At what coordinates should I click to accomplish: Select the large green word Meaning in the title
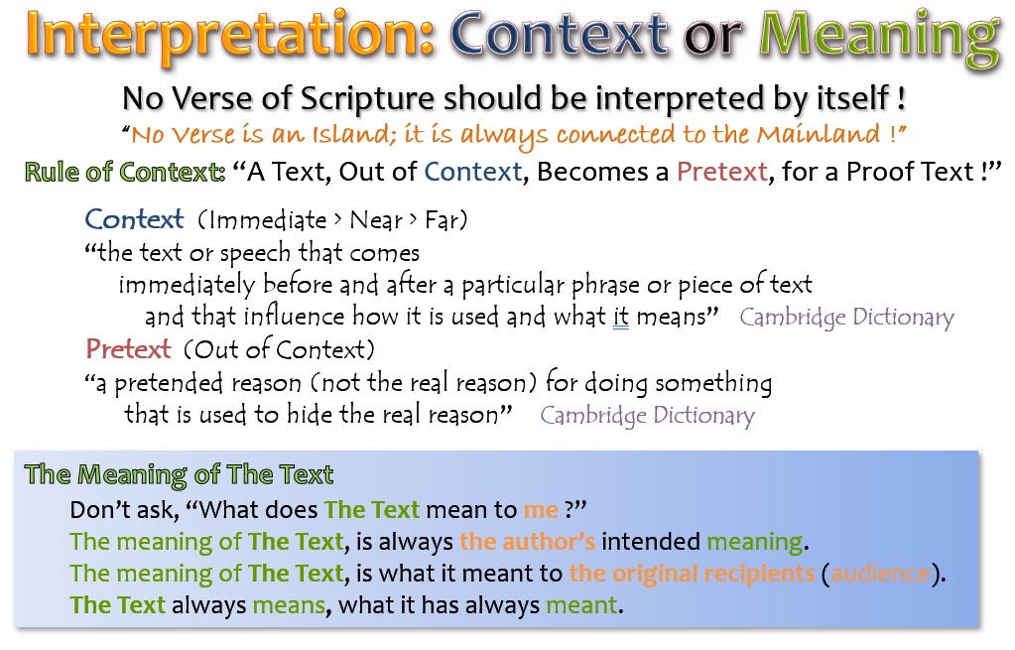pyautogui.click(x=880, y=37)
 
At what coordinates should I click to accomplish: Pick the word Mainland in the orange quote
pyautogui.click(x=819, y=134)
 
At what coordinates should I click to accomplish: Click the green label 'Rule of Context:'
pyautogui.click(x=125, y=173)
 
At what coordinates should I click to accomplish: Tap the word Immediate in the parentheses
pyautogui.click(x=267, y=220)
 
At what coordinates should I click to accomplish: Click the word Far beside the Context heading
pyautogui.click(x=441, y=220)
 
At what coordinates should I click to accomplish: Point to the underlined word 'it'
pyautogui.click(x=621, y=318)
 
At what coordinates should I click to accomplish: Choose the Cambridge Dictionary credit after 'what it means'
pyautogui.click(x=846, y=318)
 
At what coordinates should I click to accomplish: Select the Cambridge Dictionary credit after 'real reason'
pyautogui.click(x=647, y=416)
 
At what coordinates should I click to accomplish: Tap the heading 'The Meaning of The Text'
pyautogui.click(x=179, y=474)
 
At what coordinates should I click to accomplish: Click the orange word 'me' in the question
pyautogui.click(x=541, y=511)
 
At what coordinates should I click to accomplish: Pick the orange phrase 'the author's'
pyautogui.click(x=527, y=541)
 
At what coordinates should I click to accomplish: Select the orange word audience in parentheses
pyautogui.click(x=881, y=574)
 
